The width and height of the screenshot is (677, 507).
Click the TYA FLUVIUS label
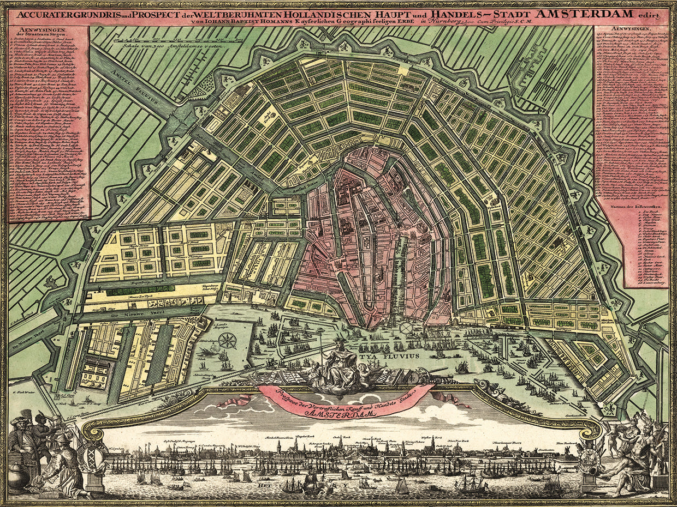point(389,355)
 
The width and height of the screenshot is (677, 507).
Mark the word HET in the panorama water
point(274,482)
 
